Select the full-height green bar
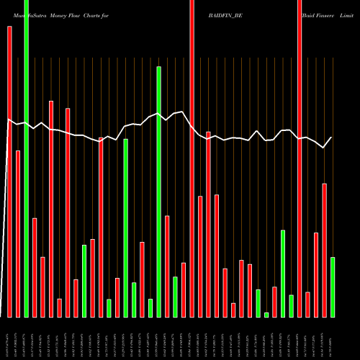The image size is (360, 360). pos(26,158)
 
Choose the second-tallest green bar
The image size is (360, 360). pos(158,192)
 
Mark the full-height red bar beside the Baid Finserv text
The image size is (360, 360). pos(300,158)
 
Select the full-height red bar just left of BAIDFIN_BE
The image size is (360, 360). pos(192,158)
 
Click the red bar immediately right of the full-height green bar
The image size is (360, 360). pos(35,267)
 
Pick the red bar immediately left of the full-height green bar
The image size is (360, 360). pos(18,233)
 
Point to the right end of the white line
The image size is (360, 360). pos(332,137)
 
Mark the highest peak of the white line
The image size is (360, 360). pos(184,112)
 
